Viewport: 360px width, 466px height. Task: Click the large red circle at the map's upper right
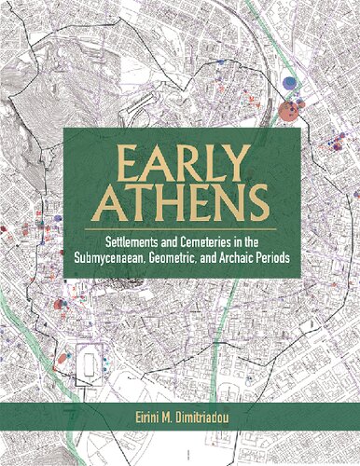click(289, 112)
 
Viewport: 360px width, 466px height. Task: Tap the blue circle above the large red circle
click(291, 84)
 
